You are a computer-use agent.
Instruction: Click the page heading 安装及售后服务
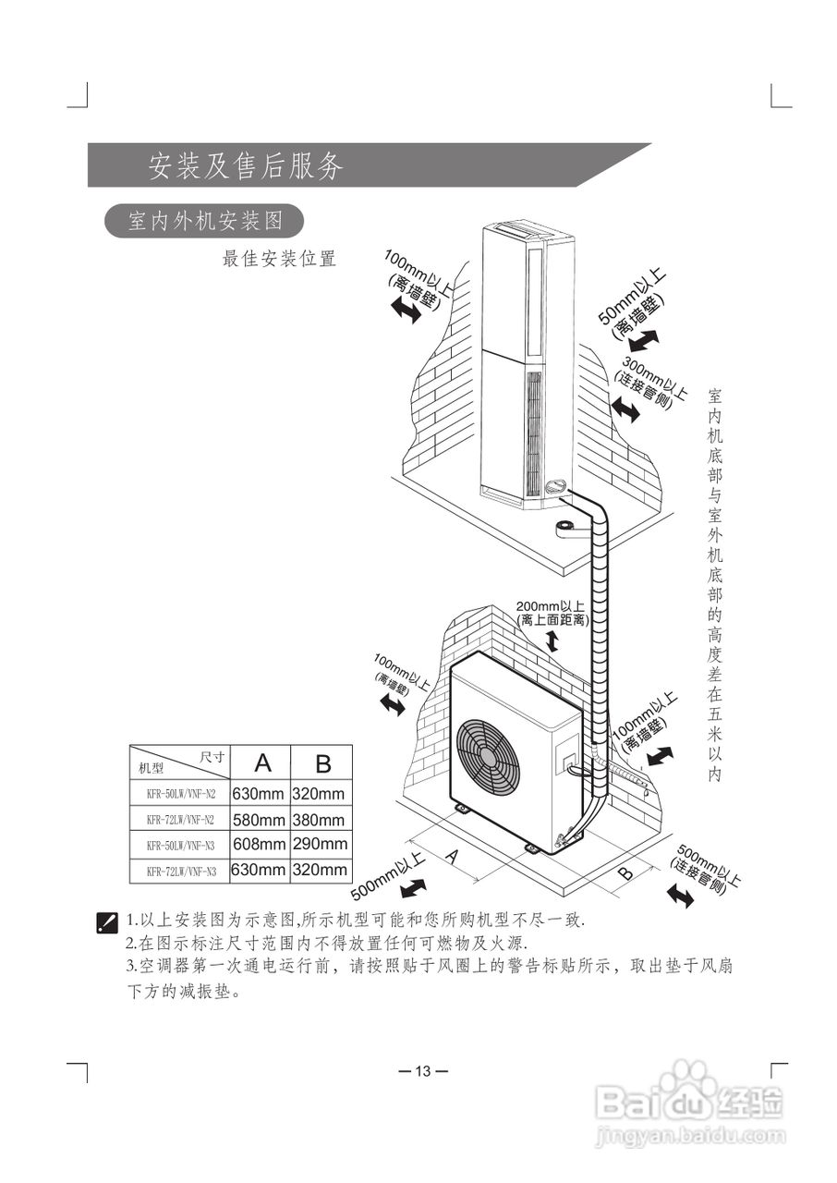pyautogui.click(x=246, y=165)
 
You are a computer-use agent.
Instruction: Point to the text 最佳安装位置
pyautogui.click(x=279, y=259)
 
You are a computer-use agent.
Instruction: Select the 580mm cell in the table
pyautogui.click(x=259, y=820)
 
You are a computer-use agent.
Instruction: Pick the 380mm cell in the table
pyautogui.click(x=319, y=820)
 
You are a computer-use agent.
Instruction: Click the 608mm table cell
pyautogui.click(x=259, y=844)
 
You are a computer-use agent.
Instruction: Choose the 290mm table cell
pyautogui.click(x=320, y=844)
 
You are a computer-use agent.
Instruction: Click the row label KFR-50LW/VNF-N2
pyautogui.click(x=180, y=794)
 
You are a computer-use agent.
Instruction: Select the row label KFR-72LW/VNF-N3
pyautogui.click(x=180, y=871)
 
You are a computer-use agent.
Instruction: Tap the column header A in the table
pyautogui.click(x=263, y=763)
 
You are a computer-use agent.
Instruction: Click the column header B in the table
pyautogui.click(x=322, y=763)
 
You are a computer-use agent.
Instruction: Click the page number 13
pyautogui.click(x=422, y=1071)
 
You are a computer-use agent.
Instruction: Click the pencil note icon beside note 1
pyautogui.click(x=107, y=921)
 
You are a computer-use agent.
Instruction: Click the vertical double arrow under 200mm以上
pyautogui.click(x=552, y=641)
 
